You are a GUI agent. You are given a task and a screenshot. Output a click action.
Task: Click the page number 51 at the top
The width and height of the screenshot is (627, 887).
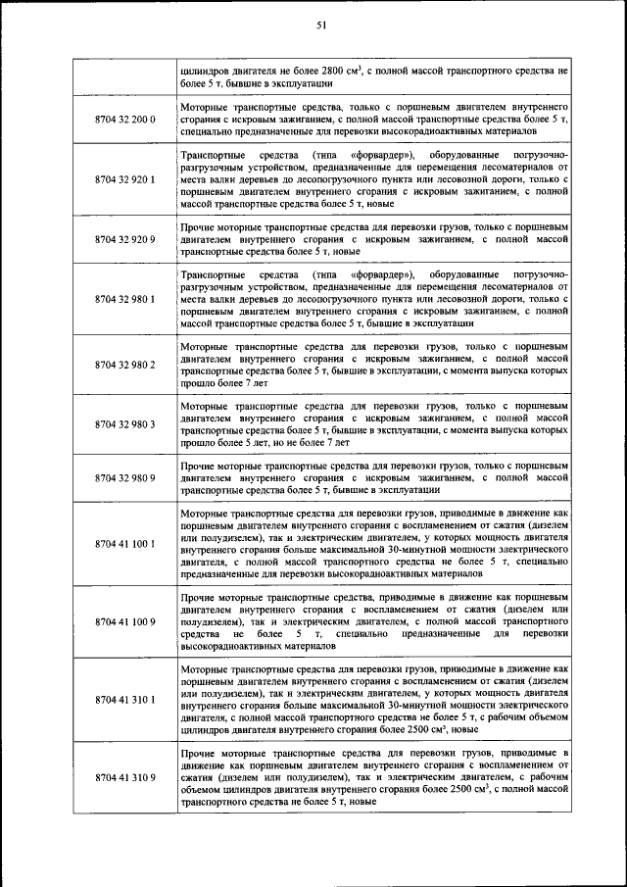pos(320,25)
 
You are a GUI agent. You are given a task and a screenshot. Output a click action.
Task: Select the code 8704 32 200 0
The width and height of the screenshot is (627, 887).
pos(124,119)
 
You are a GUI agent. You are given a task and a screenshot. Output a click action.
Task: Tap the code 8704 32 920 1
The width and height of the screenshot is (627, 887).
pos(124,180)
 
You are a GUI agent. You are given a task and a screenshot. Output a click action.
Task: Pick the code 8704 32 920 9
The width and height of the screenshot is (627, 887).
pos(124,238)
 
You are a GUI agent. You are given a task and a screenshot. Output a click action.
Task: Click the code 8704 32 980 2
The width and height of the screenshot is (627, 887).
pos(124,365)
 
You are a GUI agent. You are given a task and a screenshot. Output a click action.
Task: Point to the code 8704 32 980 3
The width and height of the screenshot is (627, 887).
pos(124,419)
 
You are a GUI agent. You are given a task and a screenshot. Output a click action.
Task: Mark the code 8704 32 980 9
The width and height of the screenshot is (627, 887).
pos(124,477)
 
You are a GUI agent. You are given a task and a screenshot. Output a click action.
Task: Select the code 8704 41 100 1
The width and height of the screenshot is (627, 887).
pos(124,543)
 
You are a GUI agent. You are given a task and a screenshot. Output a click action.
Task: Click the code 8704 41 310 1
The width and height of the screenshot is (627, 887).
pos(124,701)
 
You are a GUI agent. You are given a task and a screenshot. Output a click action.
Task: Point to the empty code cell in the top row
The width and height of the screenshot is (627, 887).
pos(124,77)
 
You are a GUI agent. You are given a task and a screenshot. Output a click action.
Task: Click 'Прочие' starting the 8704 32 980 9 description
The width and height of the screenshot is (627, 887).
pos(200,465)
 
